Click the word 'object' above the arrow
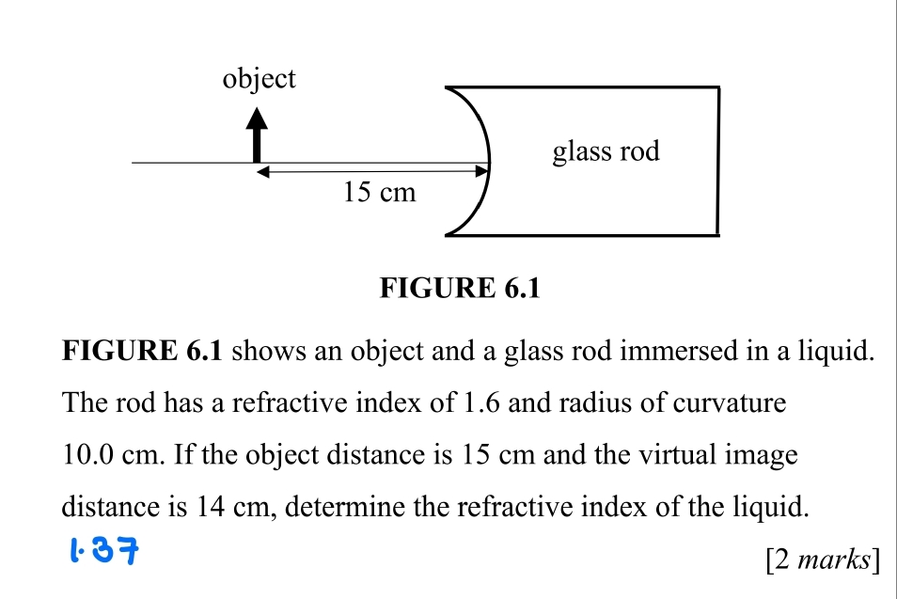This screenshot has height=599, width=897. [259, 79]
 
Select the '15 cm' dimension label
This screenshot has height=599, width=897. [379, 193]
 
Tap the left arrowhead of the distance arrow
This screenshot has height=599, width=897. [264, 172]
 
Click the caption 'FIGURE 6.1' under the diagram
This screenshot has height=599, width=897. [460, 288]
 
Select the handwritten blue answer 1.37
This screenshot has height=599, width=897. [105, 547]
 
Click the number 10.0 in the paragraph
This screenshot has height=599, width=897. [88, 456]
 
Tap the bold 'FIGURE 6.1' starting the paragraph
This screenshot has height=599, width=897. [142, 353]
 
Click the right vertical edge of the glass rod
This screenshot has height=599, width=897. [719, 161]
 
